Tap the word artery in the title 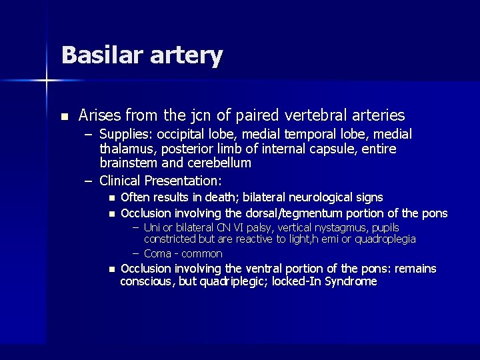click(x=187, y=56)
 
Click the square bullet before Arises click(x=64, y=117)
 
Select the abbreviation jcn click(x=218, y=116)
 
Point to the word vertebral click(x=306, y=115)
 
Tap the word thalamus click(x=126, y=149)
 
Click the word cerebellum click(x=218, y=163)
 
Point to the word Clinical click(x=120, y=181)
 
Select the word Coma click(x=157, y=253)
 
